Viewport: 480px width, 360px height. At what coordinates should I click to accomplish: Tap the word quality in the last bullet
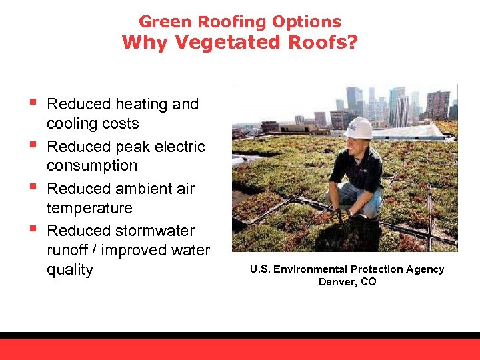click(69, 270)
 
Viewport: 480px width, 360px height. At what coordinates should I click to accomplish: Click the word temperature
click(89, 208)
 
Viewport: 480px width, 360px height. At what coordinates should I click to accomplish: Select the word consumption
click(92, 165)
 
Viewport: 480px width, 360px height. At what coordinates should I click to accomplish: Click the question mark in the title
click(351, 43)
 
